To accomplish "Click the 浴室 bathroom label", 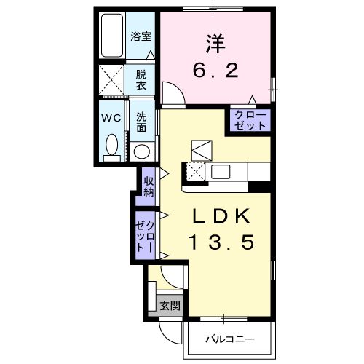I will pos(141,36).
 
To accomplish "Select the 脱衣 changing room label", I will pos(141,79).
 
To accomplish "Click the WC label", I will pos(111,116).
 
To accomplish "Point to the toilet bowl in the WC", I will pos(111,145).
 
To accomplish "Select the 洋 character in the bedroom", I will pos(213,44).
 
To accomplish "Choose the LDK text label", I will pos(223,217).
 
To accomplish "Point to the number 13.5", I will pos(223,243).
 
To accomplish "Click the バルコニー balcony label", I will pos(229,339).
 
